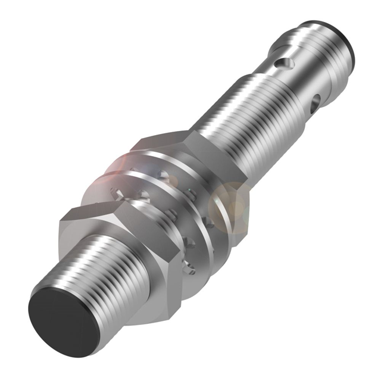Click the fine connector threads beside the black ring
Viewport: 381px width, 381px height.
[x=318, y=48]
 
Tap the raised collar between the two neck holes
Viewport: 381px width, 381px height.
[x=301, y=77]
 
